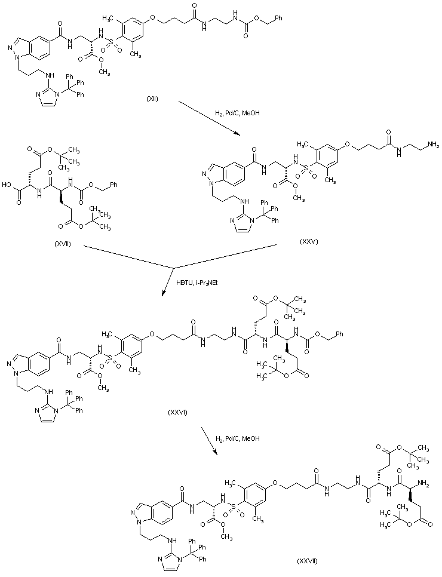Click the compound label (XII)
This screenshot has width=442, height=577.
click(x=152, y=99)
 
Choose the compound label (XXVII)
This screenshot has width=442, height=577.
click(x=307, y=561)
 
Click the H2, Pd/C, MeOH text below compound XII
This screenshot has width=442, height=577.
click(x=238, y=112)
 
